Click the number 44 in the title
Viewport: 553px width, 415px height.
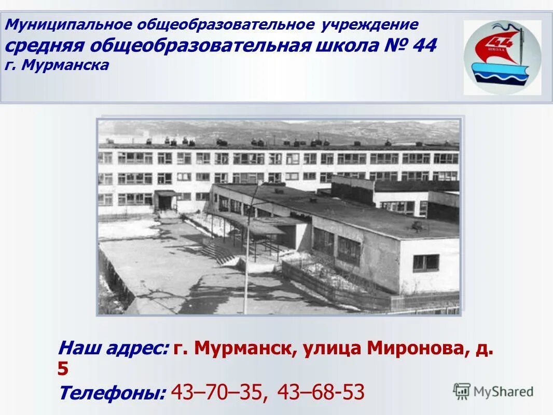tap(424, 46)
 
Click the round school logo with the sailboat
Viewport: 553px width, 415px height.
tap(502, 57)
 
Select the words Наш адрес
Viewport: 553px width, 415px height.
tap(113, 348)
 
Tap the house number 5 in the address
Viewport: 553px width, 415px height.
tap(63, 369)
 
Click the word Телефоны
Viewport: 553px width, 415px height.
tap(112, 393)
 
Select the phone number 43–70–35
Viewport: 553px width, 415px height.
tap(219, 392)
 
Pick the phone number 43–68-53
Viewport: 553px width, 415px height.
tap(321, 392)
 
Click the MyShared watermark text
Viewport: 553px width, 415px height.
tap(503, 392)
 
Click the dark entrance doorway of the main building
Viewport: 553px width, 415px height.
tap(165, 201)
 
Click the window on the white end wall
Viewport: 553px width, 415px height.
tap(425, 262)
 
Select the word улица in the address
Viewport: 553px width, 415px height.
tap(332, 348)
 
